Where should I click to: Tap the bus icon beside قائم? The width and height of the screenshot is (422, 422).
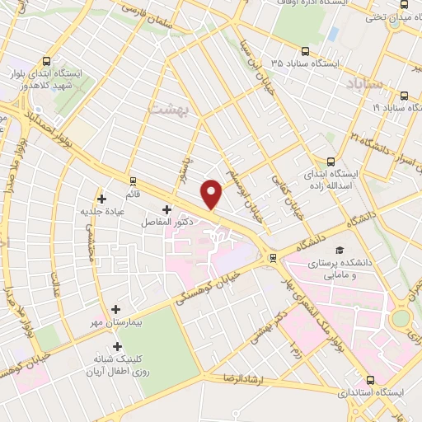click(132, 179)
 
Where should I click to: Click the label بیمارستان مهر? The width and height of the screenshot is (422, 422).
click(116, 322)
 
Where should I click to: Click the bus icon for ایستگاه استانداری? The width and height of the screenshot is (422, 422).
click(369, 381)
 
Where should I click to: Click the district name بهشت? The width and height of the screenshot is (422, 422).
click(169, 108)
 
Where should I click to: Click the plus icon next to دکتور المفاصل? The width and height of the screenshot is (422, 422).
click(167, 209)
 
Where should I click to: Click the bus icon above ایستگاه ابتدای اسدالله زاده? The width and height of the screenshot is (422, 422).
click(331, 162)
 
